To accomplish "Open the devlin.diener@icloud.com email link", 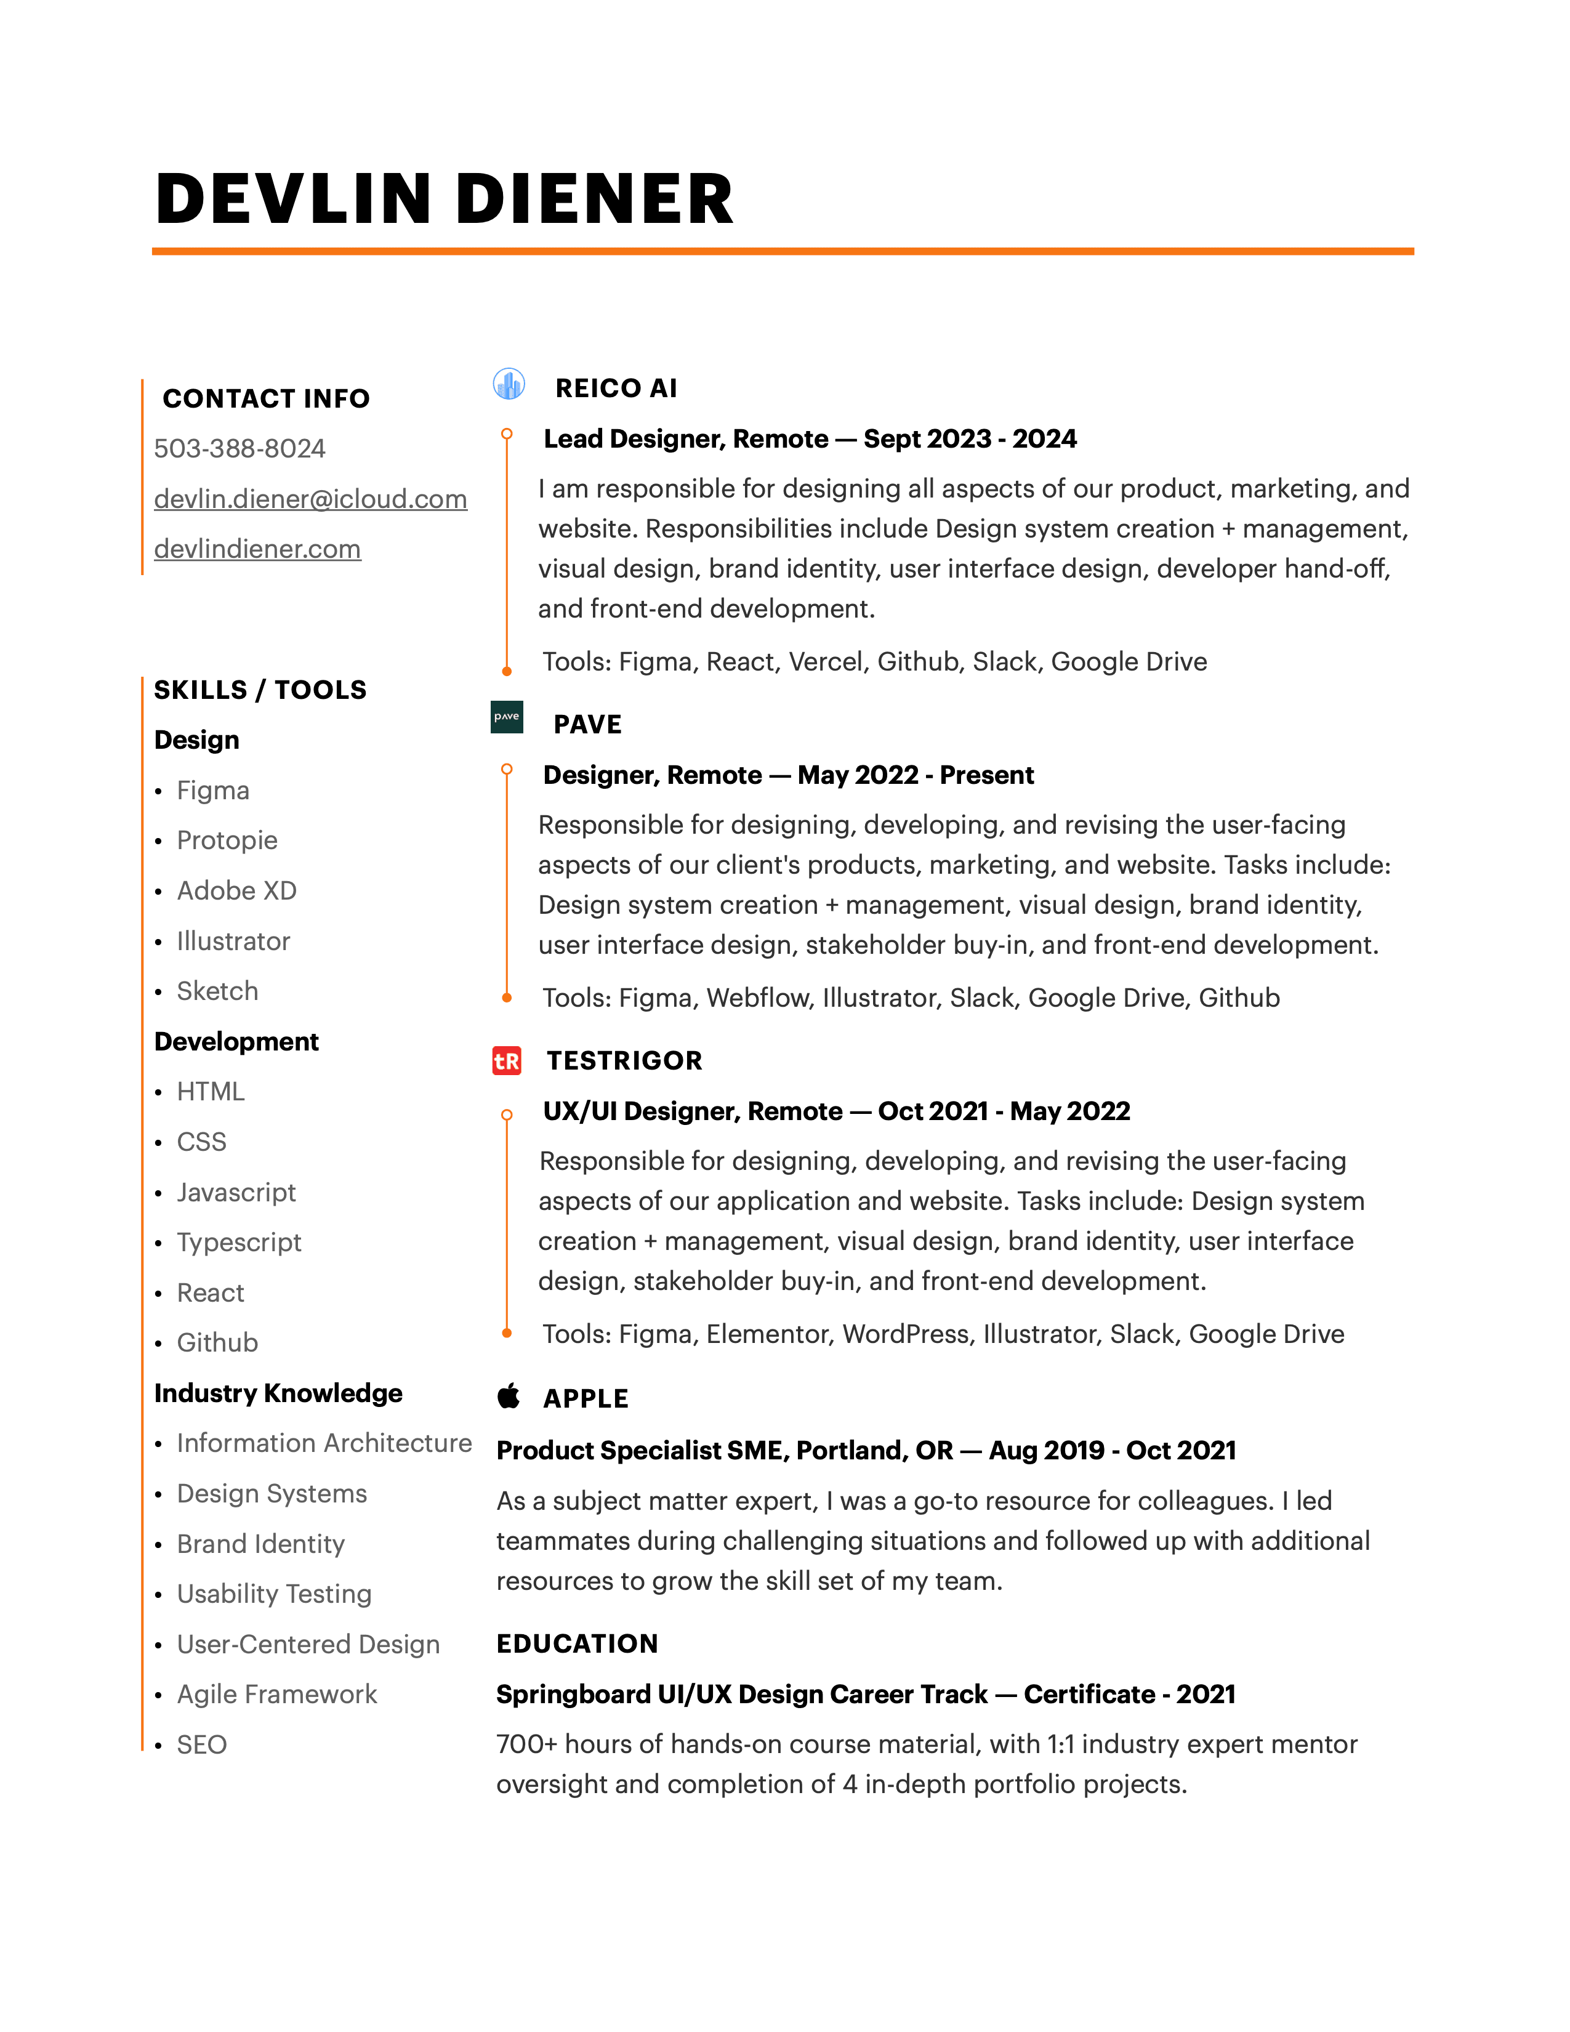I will click(310, 499).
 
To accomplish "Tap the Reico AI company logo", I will click(509, 384).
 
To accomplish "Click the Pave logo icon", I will click(507, 717).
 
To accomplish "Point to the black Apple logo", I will click(509, 1395).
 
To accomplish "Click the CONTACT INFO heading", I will click(266, 398).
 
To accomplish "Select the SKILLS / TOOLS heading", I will click(260, 690).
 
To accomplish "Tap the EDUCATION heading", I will click(577, 1644).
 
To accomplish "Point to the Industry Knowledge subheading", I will click(278, 1393).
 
